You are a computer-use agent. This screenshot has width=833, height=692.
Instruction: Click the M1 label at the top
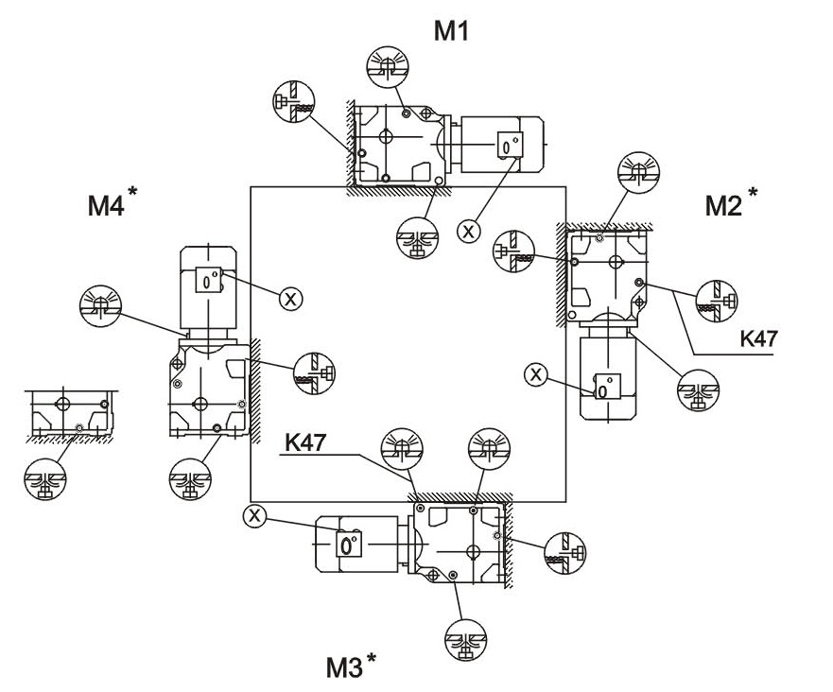pyautogui.click(x=451, y=32)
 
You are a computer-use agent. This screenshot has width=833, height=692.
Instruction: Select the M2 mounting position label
pyautogui.click(x=724, y=205)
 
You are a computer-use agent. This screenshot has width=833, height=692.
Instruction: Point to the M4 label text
pyautogui.click(x=106, y=205)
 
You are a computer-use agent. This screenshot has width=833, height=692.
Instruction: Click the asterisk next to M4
pyautogui.click(x=132, y=193)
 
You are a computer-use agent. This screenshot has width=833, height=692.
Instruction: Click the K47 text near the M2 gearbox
pyautogui.click(x=753, y=338)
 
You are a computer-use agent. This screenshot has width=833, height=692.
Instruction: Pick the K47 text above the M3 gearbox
pyautogui.click(x=305, y=441)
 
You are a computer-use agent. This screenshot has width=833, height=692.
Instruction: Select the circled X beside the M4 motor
pyautogui.click(x=291, y=299)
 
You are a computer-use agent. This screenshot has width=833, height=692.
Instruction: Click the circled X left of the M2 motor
pyautogui.click(x=536, y=374)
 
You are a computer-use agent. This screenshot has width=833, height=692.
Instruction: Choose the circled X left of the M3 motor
pyautogui.click(x=252, y=515)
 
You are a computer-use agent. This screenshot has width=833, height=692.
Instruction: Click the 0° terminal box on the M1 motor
pyautogui.click(x=510, y=147)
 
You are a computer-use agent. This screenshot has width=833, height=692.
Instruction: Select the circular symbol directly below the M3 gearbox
pyautogui.click(x=465, y=644)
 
